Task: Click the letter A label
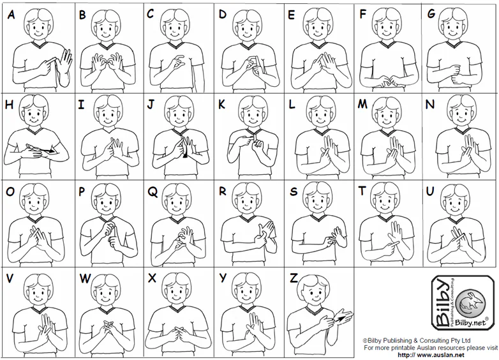11,14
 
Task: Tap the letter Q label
153,191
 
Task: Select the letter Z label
294,278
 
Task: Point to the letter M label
362,104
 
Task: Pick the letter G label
431,14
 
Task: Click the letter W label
85,278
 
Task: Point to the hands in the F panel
389,82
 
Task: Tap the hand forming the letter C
176,63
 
